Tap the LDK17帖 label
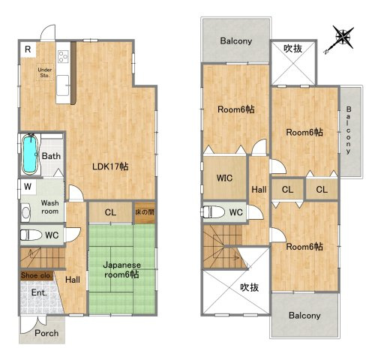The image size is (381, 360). click(x=109, y=166)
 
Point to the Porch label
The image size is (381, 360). click(x=46, y=333)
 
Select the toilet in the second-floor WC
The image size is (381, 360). click(x=212, y=211)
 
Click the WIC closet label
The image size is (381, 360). click(x=223, y=178)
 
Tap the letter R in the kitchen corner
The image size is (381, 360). click(x=27, y=49)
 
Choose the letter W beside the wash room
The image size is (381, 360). click(x=26, y=186)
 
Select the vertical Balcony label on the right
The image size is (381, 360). click(x=349, y=130)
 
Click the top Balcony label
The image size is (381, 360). click(x=235, y=41)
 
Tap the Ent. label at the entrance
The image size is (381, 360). click(x=38, y=293)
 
